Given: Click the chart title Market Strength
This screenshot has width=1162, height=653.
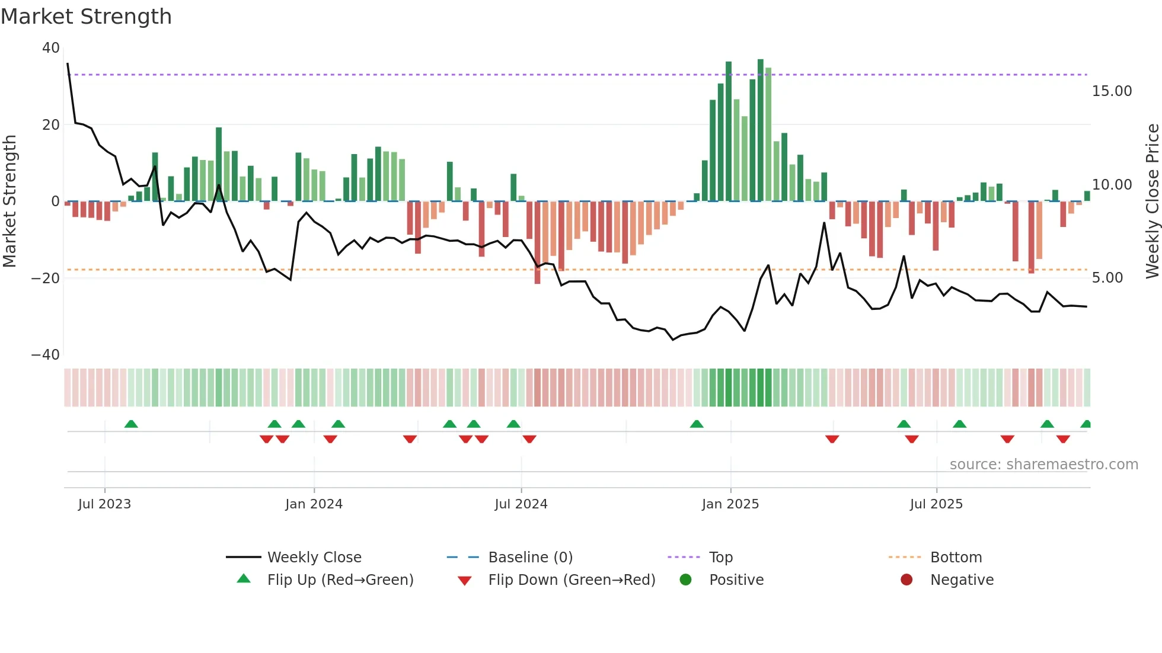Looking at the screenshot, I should (86, 17).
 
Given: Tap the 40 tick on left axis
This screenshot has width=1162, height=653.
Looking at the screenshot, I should (51, 48).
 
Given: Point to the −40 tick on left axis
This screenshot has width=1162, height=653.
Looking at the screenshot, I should (46, 355).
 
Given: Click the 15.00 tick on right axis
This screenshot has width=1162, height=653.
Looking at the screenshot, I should (1112, 91).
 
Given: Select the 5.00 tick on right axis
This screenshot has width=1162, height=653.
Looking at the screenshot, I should (1107, 278).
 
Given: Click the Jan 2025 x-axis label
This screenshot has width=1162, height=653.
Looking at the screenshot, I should (730, 504).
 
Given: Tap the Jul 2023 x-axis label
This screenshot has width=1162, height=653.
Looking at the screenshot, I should (104, 504).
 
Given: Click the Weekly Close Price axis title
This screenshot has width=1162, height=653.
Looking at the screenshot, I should (1152, 201).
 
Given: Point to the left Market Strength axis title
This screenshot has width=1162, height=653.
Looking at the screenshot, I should (10, 201).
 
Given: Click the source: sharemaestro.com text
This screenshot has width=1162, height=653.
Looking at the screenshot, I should (1043, 465).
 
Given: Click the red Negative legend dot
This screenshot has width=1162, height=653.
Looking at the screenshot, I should (906, 580).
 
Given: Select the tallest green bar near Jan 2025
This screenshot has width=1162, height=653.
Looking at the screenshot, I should (761, 130).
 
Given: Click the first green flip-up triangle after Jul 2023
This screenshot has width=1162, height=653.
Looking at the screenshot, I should (131, 424).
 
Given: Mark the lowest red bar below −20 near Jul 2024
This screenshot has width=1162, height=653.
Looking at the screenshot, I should (537, 243).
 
